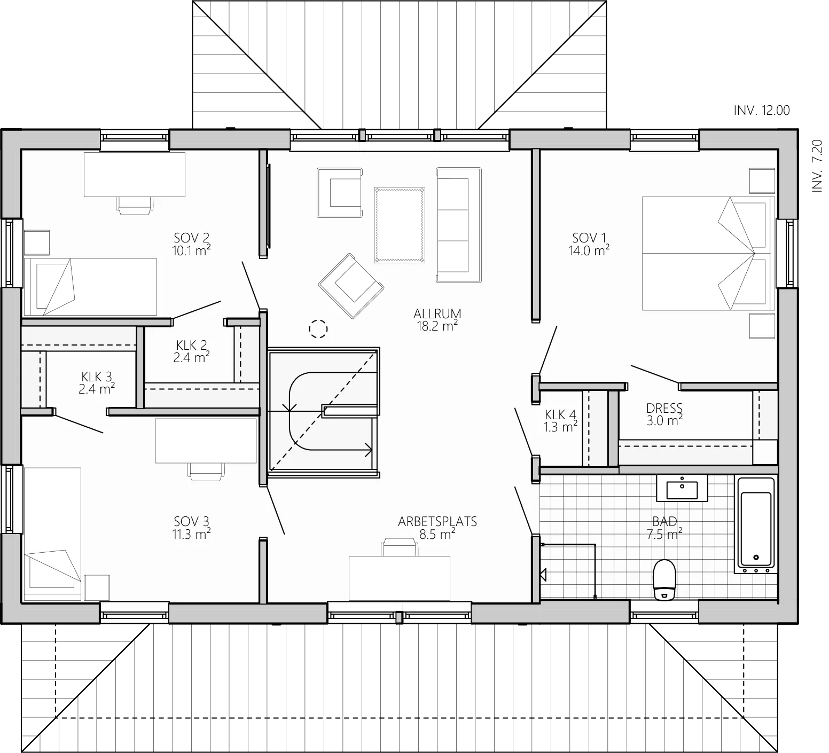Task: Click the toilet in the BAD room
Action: pyautogui.click(x=664, y=579)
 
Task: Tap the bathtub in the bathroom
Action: pyautogui.click(x=755, y=524)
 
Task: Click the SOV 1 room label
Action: pyautogui.click(x=590, y=237)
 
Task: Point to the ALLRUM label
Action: pyautogui.click(x=437, y=313)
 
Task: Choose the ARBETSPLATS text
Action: pyautogui.click(x=437, y=521)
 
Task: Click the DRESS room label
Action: pyautogui.click(x=664, y=409)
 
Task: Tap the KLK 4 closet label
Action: pyautogui.click(x=560, y=414)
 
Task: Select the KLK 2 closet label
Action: pyautogui.click(x=191, y=345)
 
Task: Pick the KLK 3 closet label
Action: pyautogui.click(x=97, y=377)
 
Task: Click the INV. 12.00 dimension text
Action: pyautogui.click(x=762, y=111)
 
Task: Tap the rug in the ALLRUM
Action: pyautogui.click(x=400, y=225)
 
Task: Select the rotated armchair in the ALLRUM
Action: pyautogui.click(x=351, y=286)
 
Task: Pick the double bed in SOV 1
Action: pyautogui.click(x=708, y=253)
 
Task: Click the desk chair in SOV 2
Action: pyautogui.click(x=134, y=205)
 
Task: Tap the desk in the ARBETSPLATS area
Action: pyautogui.click(x=400, y=578)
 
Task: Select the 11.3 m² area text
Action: pyautogui.click(x=191, y=533)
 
